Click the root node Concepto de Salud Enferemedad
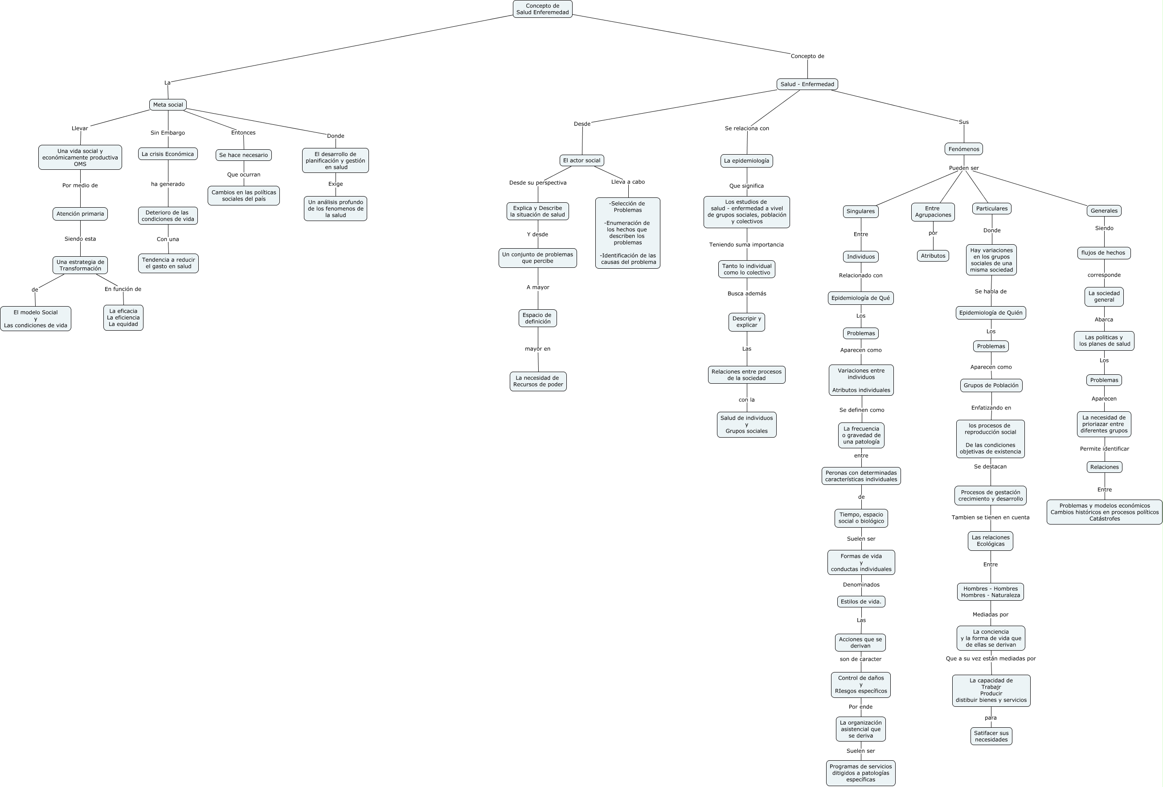click(542, 9)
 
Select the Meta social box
click(168, 105)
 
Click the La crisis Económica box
click(168, 154)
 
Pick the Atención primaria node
click(80, 214)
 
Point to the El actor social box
click(581, 160)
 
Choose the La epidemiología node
click(747, 161)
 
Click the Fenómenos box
click(964, 149)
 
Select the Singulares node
click(860, 211)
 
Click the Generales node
click(1104, 211)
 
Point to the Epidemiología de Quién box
click(991, 313)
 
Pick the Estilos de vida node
click(861, 601)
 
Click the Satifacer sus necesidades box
click(991, 736)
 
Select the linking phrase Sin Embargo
click(168, 133)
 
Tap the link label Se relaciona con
click(747, 128)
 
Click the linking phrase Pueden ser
click(964, 168)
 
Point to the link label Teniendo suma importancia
click(746, 245)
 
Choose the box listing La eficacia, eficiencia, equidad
click(123, 317)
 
